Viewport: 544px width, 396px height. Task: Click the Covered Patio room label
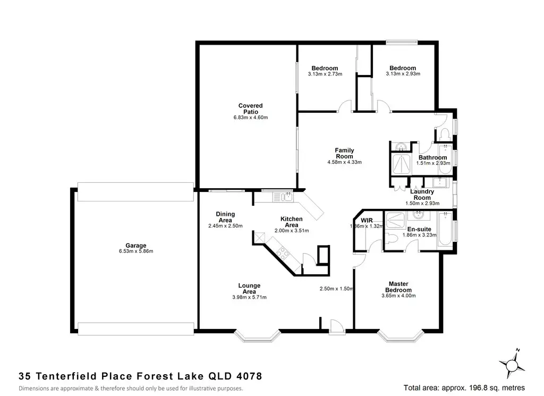pos(251,108)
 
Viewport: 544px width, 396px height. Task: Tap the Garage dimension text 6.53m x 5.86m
pos(136,251)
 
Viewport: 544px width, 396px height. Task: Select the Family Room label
pos(344,153)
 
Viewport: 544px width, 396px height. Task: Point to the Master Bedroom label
pos(398,287)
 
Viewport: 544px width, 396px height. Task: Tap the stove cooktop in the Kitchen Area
pos(283,252)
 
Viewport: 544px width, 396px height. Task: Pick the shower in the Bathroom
pos(401,164)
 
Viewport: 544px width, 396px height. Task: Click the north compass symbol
pos(512,365)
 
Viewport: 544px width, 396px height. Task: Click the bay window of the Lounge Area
pos(257,336)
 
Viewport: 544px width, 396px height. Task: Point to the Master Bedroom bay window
pos(401,336)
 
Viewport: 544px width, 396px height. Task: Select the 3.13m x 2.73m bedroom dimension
pos(325,74)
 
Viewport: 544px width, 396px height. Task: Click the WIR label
pos(367,221)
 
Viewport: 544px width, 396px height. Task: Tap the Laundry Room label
pos(422,195)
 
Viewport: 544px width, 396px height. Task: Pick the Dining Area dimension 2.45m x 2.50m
pos(225,226)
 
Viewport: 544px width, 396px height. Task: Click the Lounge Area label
pos(249,289)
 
